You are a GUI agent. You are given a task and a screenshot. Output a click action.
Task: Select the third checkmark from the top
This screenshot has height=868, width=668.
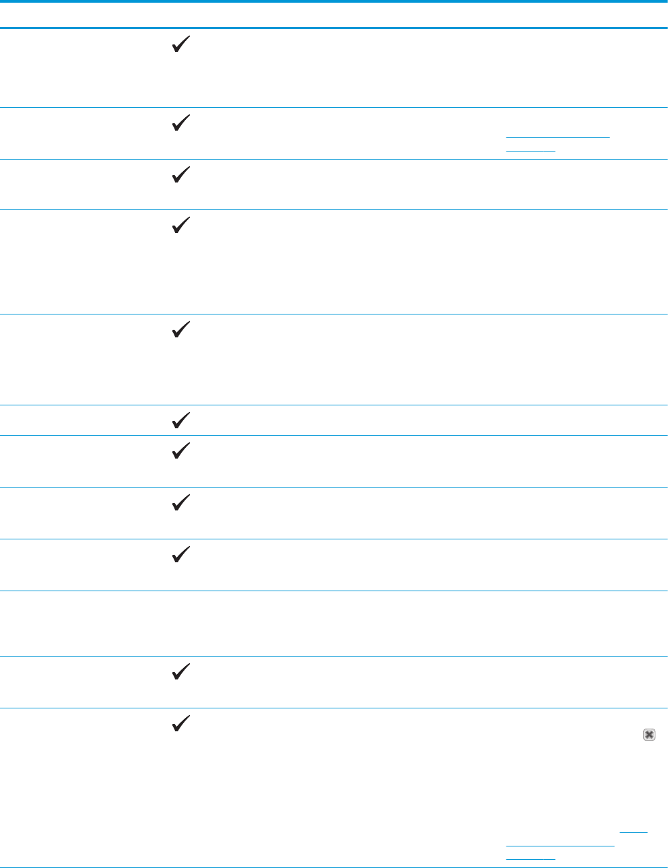click(x=178, y=176)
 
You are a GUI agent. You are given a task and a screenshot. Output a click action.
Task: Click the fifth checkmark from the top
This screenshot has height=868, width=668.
click(x=178, y=331)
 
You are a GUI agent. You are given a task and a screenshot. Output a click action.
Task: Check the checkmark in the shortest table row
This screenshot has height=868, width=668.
click(x=178, y=421)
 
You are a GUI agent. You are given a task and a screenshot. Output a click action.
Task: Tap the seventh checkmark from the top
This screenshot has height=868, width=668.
click(x=178, y=452)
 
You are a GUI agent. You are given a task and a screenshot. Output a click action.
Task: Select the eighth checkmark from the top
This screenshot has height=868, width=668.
click(x=178, y=504)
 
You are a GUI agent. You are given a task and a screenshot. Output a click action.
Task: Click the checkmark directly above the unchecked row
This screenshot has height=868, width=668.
click(x=178, y=556)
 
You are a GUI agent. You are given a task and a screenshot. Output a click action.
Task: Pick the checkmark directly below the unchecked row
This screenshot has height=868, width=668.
click(x=178, y=673)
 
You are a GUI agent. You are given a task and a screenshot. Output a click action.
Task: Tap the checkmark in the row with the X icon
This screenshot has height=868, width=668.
click(x=178, y=725)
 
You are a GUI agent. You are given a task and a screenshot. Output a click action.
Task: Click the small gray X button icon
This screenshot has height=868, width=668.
click(x=648, y=735)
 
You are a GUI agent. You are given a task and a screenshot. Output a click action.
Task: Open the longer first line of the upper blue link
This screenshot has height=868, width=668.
click(x=557, y=137)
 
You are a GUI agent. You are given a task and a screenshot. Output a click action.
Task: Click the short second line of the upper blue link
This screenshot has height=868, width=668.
click(x=530, y=149)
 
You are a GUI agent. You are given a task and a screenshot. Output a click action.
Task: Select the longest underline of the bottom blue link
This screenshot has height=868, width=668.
click(x=560, y=844)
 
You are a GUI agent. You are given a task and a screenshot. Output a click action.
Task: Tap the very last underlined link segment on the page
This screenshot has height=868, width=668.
click(x=530, y=858)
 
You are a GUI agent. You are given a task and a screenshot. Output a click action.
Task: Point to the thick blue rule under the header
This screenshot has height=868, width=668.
click(x=334, y=28)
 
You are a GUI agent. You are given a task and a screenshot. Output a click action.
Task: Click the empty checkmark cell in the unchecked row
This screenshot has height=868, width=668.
click(x=178, y=623)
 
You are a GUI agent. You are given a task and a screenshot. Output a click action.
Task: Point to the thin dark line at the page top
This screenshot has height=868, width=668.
click(x=334, y=1)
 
